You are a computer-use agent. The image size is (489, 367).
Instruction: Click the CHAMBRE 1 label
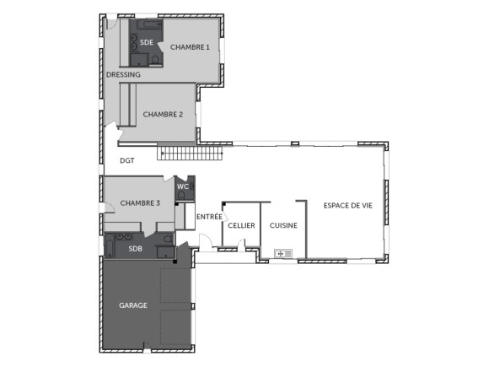pyautogui.click(x=189, y=47)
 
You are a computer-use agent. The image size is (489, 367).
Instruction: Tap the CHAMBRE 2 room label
pyautogui.click(x=163, y=114)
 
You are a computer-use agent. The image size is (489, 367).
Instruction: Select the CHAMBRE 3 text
pyautogui.click(x=140, y=202)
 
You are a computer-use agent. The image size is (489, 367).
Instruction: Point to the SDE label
pyautogui.click(x=147, y=42)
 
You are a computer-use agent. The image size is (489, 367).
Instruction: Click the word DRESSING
pyautogui.click(x=123, y=74)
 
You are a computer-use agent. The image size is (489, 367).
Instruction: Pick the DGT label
pyautogui.click(x=127, y=159)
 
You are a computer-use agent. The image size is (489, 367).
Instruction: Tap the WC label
pyautogui.click(x=182, y=186)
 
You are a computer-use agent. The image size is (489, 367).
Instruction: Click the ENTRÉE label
pyautogui.click(x=209, y=217)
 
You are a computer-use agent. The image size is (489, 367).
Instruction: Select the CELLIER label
pyautogui.click(x=241, y=226)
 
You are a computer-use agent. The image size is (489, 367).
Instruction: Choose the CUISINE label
pyautogui.click(x=283, y=226)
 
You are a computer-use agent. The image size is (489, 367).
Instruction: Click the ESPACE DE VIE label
pyautogui.click(x=347, y=205)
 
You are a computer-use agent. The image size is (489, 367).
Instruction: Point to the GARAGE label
pyautogui.click(x=132, y=305)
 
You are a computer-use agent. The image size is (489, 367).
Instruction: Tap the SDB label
pyautogui.click(x=135, y=249)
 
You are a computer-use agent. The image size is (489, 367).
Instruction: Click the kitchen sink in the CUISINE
pyautogui.click(x=282, y=252)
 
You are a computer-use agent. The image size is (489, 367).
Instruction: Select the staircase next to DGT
pyautogui.click(x=192, y=154)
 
